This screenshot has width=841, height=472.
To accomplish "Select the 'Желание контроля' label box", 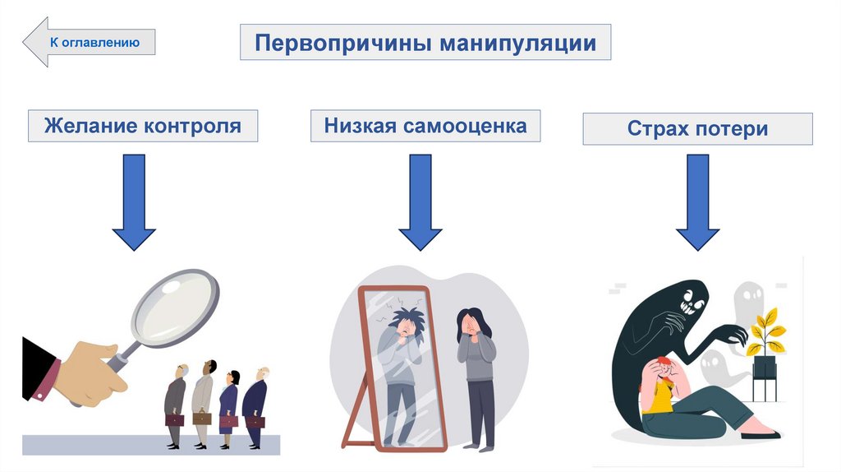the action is tap(143, 126).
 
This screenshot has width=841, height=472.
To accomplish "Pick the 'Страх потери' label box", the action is tap(697, 129).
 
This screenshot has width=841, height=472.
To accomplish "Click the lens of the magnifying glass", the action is tap(176, 307).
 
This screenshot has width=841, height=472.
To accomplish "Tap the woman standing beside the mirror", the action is tap(476, 374).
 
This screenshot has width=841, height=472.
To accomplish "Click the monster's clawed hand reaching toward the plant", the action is tap(727, 335).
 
